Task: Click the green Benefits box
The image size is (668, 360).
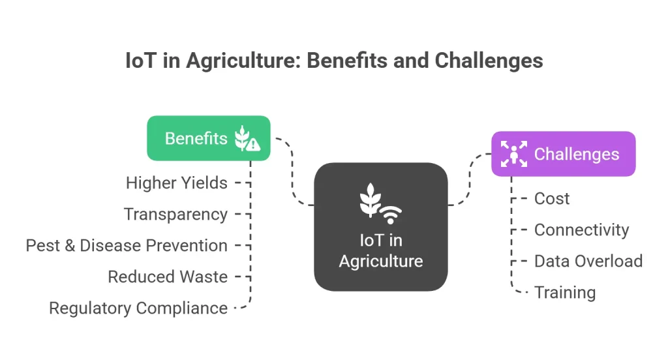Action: click(x=209, y=138)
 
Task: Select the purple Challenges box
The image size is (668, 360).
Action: click(x=563, y=154)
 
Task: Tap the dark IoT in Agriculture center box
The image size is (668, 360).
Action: click(x=381, y=227)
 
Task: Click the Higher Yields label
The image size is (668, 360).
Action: click(x=176, y=183)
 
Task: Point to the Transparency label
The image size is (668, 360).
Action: click(x=175, y=215)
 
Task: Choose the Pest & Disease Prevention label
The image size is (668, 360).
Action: click(x=127, y=245)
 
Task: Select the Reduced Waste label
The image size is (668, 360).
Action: click(x=168, y=277)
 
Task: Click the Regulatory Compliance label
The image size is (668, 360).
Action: click(x=138, y=308)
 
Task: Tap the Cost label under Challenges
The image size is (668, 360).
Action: click(x=552, y=198)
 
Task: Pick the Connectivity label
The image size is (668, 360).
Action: click(x=581, y=230)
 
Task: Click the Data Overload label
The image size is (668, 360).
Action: click(x=588, y=261)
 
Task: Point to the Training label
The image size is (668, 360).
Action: click(x=565, y=293)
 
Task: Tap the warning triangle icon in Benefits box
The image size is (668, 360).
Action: click(x=253, y=144)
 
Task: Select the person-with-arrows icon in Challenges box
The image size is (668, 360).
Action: click(x=514, y=154)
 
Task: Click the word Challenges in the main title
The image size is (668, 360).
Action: click(x=489, y=61)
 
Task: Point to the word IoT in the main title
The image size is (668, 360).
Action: click(x=141, y=61)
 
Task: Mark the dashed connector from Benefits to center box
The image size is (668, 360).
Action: click(x=293, y=170)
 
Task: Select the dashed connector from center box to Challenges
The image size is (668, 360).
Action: click(x=470, y=179)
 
